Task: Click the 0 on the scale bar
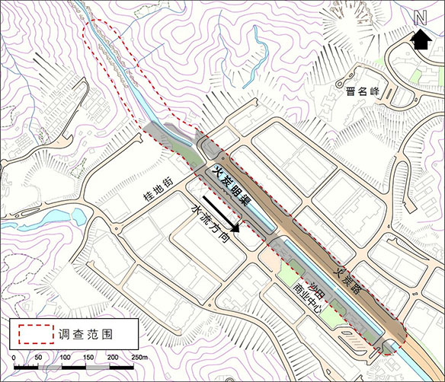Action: pyautogui.click(x=14, y=358)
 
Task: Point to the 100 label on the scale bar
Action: pyautogui.click(x=64, y=358)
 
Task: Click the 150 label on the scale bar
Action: pyautogui.click(x=89, y=358)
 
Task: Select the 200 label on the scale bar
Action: pyautogui.click(x=114, y=358)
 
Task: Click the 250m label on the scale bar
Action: pyautogui.click(x=139, y=358)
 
